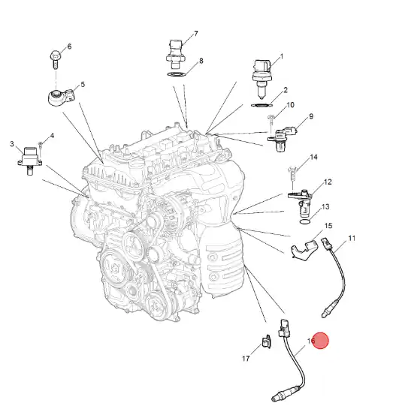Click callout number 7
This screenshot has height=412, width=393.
coord(195,34)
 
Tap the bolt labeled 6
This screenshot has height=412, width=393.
coord(56,59)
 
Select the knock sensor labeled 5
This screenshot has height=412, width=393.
coord(62,97)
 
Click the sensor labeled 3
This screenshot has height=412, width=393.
coord(29,161)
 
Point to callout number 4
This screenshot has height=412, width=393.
coord(52,136)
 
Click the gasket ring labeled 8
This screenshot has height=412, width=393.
coord(177,74)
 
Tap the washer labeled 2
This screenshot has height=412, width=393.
coord(262,105)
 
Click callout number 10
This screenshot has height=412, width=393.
coord(290,105)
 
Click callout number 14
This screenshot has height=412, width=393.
coord(313,157)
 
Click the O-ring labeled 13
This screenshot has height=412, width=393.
coord(305,222)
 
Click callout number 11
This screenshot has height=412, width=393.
coord(352,239)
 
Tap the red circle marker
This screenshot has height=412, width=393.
coord(320,341)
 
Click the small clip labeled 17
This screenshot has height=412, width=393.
coord(266,341)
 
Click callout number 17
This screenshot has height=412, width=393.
coord(246,359)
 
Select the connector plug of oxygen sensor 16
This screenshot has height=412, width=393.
coord(284,328)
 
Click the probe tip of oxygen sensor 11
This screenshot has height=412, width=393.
coord(325,314)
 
